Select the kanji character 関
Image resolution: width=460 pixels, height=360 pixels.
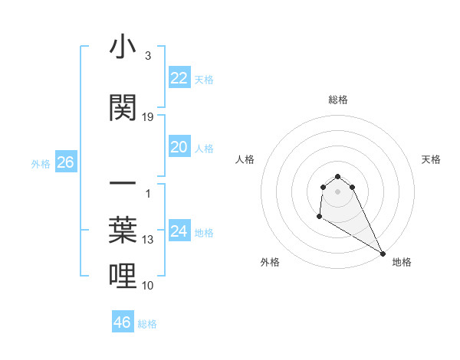(x=123, y=108)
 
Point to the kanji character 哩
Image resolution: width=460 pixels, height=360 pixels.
(x=123, y=276)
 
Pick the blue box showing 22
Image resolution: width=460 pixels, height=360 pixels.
(x=179, y=78)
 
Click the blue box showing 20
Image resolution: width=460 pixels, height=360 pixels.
(x=179, y=147)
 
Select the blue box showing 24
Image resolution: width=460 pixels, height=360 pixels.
(x=179, y=231)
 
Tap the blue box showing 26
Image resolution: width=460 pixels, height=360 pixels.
(x=65, y=162)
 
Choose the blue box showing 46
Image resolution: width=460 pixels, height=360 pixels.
(x=123, y=322)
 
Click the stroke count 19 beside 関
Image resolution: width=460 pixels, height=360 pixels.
(x=148, y=117)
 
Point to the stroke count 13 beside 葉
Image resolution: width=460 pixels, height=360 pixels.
(x=148, y=240)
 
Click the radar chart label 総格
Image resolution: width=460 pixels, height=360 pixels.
(x=338, y=100)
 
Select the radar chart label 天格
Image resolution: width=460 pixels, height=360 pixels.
(x=431, y=159)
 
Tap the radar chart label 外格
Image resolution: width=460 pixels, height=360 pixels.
(x=270, y=262)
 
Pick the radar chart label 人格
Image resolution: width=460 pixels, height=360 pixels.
(x=245, y=159)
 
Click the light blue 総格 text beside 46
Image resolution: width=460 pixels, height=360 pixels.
(x=147, y=324)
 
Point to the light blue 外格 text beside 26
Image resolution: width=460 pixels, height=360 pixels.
(x=41, y=164)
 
